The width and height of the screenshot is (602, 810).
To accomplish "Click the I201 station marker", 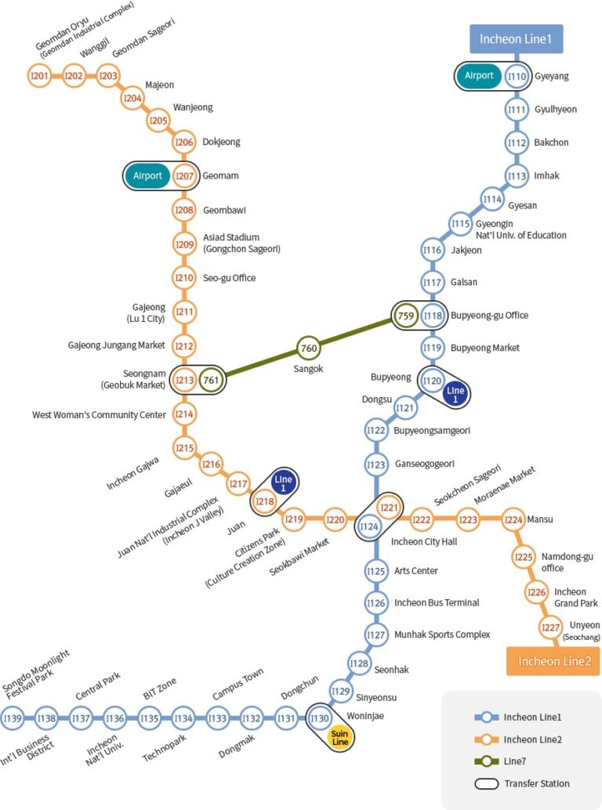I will point(39,76).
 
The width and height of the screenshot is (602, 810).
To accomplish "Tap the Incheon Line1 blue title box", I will point(516,38).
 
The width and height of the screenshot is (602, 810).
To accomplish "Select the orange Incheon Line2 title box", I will point(553,661).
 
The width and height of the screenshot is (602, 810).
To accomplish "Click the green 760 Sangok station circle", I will point(309,348).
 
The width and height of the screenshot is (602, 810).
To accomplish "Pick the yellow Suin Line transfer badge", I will point(339,737).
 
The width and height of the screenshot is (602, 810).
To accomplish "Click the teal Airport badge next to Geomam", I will point(147,175).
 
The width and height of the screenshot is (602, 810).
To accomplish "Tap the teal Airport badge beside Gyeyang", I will point(479,76).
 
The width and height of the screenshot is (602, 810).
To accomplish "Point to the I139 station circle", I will point(13,718).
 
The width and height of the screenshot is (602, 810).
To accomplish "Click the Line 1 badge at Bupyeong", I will point(455,395).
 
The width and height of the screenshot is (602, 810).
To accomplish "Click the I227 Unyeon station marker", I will point(552,627).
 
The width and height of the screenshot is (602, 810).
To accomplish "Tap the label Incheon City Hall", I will point(424,541).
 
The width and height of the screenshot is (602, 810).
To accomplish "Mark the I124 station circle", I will point(369,527).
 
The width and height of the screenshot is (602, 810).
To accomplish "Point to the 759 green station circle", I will point(406,316).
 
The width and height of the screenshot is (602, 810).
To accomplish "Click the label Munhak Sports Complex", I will point(442,635).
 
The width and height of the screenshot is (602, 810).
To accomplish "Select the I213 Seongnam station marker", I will point(185,381).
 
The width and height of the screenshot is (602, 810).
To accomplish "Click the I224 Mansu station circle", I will point(513,519).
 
